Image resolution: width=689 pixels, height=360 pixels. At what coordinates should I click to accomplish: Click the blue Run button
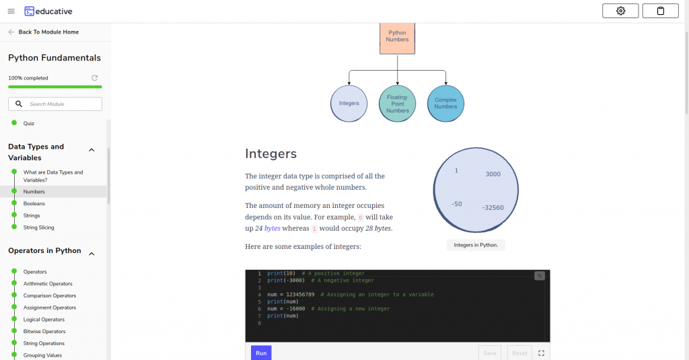pyautogui.click(x=261, y=353)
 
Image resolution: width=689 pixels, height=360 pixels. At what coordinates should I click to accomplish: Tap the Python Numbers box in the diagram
pyautogui.click(x=397, y=38)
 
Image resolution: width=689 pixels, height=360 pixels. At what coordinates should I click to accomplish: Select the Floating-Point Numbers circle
pyautogui.click(x=397, y=104)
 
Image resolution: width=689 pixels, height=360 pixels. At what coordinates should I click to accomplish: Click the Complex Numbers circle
pyautogui.click(x=445, y=104)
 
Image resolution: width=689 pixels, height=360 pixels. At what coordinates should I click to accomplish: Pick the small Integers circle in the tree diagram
pyautogui.click(x=349, y=104)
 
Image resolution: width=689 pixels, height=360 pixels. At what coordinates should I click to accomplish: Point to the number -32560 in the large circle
pyautogui.click(x=493, y=207)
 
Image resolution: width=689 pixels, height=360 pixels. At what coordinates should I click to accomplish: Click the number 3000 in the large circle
pyautogui.click(x=493, y=174)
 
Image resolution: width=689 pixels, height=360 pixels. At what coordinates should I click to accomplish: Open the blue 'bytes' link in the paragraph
pyautogui.click(x=272, y=228)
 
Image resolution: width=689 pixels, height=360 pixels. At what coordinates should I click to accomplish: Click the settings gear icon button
pyautogui.click(x=620, y=11)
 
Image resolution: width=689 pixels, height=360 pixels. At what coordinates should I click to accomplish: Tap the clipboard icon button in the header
pyautogui.click(x=661, y=11)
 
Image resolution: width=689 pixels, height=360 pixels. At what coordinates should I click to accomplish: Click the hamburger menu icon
pyautogui.click(x=11, y=11)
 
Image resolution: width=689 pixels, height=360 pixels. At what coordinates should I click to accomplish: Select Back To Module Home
pyautogui.click(x=48, y=32)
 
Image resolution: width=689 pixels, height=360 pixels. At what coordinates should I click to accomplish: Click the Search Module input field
pyautogui.click(x=55, y=104)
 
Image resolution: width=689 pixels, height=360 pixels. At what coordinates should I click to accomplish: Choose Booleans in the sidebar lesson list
pyautogui.click(x=34, y=203)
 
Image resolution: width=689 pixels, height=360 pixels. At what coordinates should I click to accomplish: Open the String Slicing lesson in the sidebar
pyautogui.click(x=38, y=227)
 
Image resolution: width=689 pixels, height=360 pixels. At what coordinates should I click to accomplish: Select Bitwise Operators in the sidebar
pyautogui.click(x=44, y=332)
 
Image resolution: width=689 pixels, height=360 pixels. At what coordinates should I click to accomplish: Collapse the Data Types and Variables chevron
pyautogui.click(x=92, y=150)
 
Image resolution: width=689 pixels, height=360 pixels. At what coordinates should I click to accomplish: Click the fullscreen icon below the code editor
pyautogui.click(x=542, y=353)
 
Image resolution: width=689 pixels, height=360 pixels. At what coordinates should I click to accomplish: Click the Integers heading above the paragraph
pyautogui.click(x=270, y=153)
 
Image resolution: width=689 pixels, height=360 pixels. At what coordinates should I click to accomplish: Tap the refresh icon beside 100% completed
pyautogui.click(x=94, y=78)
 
